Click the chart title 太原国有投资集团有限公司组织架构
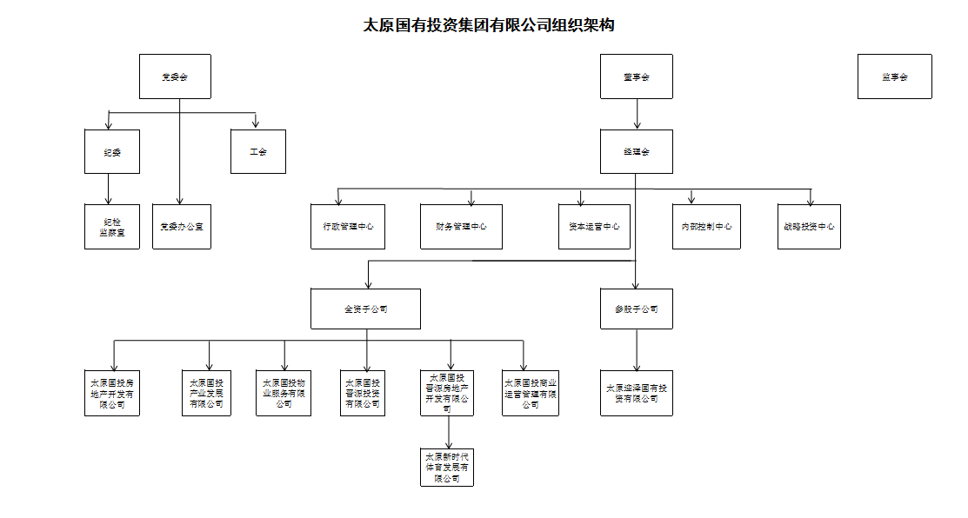pyautogui.click(x=489, y=25)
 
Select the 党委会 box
pyautogui.click(x=175, y=76)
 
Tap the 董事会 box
pyautogui.click(x=637, y=76)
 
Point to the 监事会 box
pyautogui.click(x=894, y=76)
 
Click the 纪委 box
pyautogui.click(x=109, y=151)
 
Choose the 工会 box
pyautogui.click(x=258, y=151)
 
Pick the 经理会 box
pyautogui.click(x=637, y=151)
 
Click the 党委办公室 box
pyautogui.click(x=181, y=226)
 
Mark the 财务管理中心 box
pyautogui.click(x=461, y=226)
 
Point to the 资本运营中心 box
pyautogui.click(x=594, y=226)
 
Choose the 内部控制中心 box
pyautogui.click(x=706, y=226)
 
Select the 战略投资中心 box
pyautogui.click(x=809, y=226)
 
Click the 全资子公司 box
pyautogui.click(x=366, y=309)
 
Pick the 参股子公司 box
pyautogui.click(x=637, y=309)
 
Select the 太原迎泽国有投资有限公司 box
pyautogui.click(x=637, y=393)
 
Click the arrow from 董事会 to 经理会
pyautogui.click(x=638, y=114)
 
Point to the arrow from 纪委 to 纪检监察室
pyautogui.click(x=109, y=189)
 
